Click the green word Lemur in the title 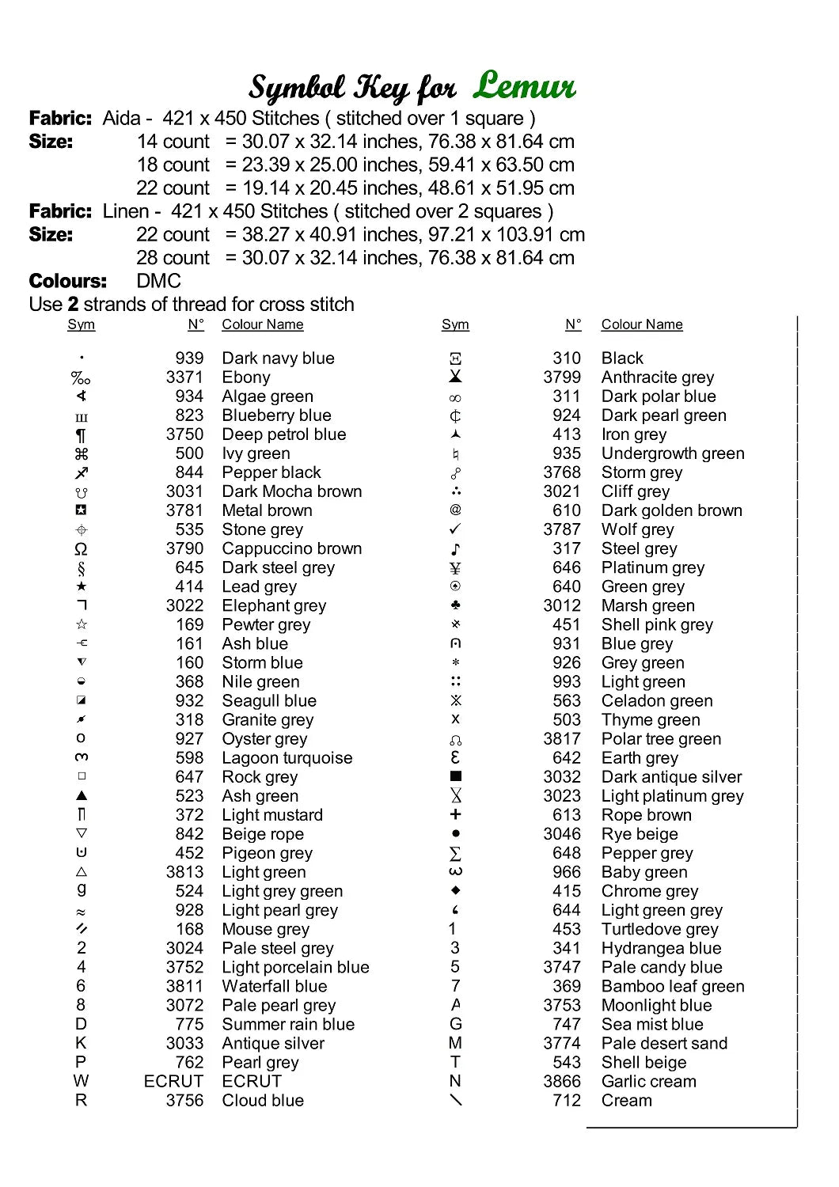pos(525,85)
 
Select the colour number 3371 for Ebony pos(184,377)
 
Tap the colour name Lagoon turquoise pos(287,758)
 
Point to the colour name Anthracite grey pos(657,377)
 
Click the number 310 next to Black pos(567,358)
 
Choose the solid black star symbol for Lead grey pos(81,586)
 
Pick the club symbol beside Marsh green pos(455,605)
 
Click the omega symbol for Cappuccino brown pos(81,549)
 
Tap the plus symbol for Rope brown pos(455,814)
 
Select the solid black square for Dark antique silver pos(455,776)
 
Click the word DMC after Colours pos(158,281)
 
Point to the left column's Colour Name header pos(262,324)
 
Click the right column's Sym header pos(455,324)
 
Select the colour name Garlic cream pos(648,1082)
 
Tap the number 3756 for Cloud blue pos(184,1101)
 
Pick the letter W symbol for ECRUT pos(81,1081)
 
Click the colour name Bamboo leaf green pos(672,987)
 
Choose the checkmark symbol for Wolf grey pos(455,529)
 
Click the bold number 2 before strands pos(73,305)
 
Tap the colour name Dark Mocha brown pos(291,491)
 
